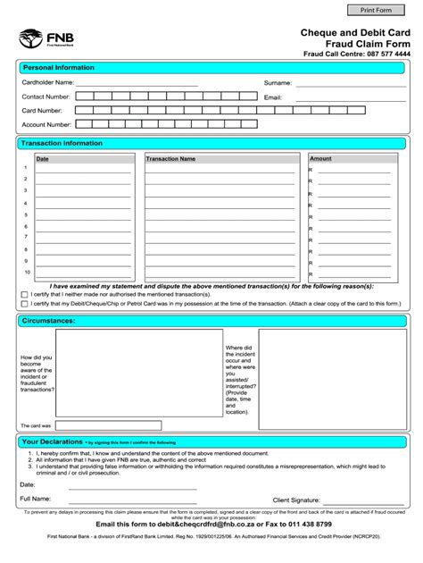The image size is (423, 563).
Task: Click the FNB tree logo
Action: pos(29,38)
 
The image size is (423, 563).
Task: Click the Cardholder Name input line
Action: pos(138,82)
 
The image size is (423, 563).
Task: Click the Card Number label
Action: pos(41,111)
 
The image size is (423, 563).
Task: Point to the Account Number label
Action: pos(46,125)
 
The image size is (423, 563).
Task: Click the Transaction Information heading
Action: pos(62,143)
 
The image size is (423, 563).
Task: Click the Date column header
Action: pos(42,159)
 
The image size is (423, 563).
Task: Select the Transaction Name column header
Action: pos(170,159)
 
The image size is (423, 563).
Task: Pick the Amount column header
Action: pos(320,159)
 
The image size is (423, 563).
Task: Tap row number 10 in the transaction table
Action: pos(27,272)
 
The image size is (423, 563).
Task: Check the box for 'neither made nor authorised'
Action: pos(23,294)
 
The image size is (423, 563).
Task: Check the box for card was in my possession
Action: pos(23,304)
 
